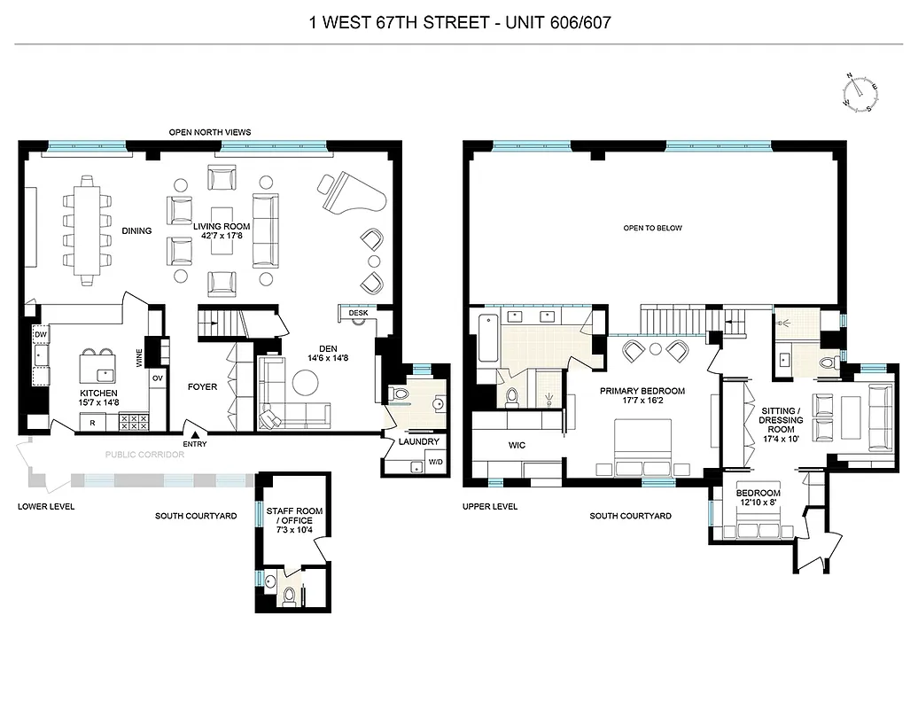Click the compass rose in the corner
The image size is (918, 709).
[x=859, y=93]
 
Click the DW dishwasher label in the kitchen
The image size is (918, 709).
[x=41, y=334]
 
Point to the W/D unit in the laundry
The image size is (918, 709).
[x=436, y=462]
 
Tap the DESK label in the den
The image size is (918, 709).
[x=358, y=312]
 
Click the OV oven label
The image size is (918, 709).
[x=158, y=378]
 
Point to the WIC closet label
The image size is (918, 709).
[x=517, y=445]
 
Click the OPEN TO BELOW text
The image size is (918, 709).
[x=652, y=228]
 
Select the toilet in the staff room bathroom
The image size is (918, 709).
[x=288, y=595]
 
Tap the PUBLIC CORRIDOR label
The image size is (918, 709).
[x=144, y=455]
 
